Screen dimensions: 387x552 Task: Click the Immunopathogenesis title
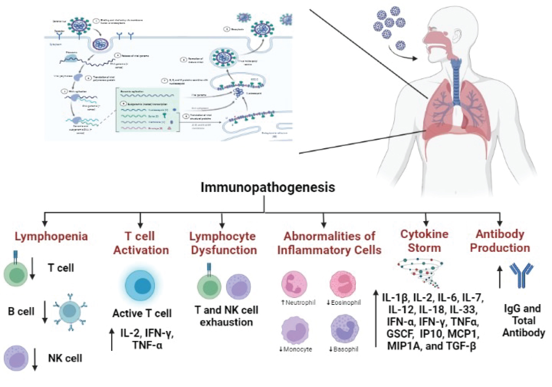point(268,187)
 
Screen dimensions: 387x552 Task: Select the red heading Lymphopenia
point(51,236)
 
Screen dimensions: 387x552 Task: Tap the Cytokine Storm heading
point(424,241)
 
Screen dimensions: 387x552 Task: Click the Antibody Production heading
point(500,241)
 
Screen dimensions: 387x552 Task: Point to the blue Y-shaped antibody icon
point(521,275)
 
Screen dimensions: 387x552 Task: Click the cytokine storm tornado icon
point(421,272)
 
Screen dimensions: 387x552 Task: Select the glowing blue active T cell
point(140,286)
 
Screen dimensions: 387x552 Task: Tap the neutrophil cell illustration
point(294,284)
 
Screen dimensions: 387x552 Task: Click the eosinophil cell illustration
point(343,284)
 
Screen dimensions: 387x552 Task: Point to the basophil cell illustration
point(344,329)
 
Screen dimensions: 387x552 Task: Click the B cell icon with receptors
point(70,312)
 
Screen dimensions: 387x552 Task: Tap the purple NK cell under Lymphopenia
point(16,358)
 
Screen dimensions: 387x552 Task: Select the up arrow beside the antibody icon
point(500,277)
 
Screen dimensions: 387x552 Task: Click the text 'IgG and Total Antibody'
point(523,321)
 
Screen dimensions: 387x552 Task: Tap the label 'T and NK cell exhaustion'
point(226,316)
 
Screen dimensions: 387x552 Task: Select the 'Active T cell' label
point(142,313)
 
